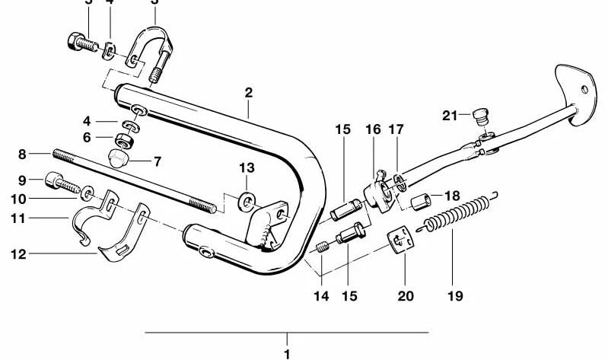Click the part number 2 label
click(249, 93)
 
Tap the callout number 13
click(246, 167)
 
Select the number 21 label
click(450, 116)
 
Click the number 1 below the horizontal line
click(287, 354)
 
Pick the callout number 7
click(158, 161)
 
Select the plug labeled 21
click(479, 117)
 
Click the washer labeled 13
click(247, 201)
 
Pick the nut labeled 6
click(123, 140)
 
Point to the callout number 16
click(372, 130)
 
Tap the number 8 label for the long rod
click(22, 154)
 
